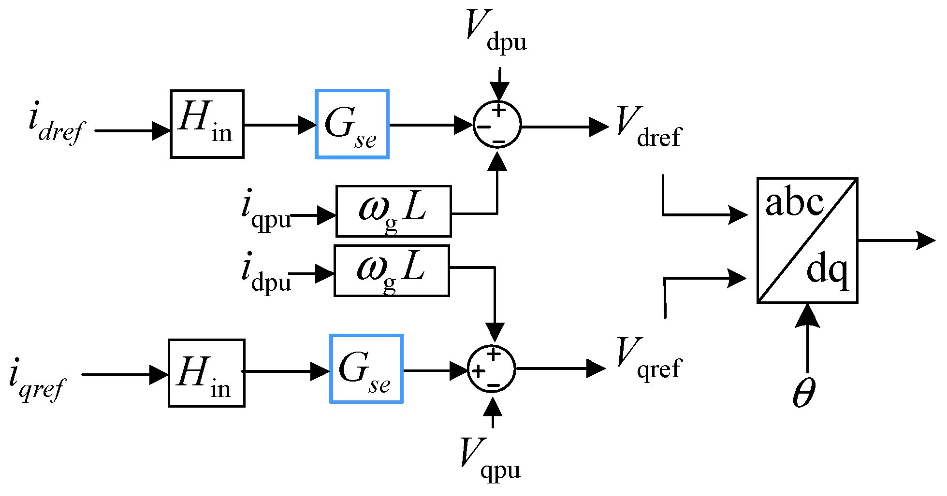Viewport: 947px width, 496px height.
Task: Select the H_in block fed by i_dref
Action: coord(207,124)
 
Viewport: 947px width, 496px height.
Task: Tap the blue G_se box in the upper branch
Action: coord(352,124)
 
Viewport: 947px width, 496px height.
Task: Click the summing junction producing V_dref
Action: coord(497,126)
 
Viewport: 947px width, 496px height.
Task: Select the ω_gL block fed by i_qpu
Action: coord(393,211)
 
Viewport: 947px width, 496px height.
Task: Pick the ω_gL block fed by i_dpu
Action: coord(392,270)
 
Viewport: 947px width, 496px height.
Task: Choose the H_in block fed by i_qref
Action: coord(206,373)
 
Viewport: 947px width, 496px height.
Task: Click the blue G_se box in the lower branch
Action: coord(366,368)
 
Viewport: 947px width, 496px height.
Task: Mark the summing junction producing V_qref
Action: coord(492,369)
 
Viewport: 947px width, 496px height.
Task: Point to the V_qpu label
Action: coord(490,459)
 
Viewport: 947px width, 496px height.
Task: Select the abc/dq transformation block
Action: coord(807,240)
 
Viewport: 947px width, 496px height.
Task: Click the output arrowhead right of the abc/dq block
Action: coord(926,240)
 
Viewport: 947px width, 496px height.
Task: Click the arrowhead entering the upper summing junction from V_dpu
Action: coord(499,92)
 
